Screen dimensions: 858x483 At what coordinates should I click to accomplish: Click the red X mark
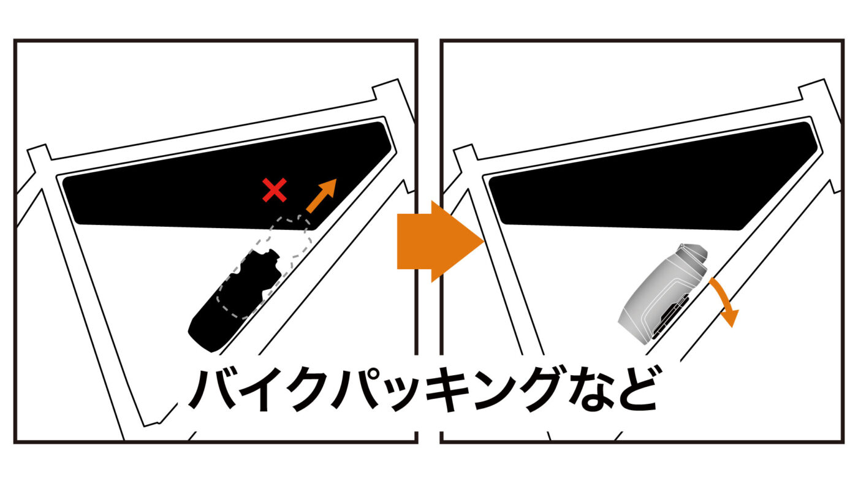(275, 189)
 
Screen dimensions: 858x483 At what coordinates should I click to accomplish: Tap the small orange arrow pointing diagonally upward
(322, 196)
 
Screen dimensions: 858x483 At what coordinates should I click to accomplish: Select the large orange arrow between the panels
(441, 241)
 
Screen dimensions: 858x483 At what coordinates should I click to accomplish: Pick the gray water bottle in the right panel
(662, 291)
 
